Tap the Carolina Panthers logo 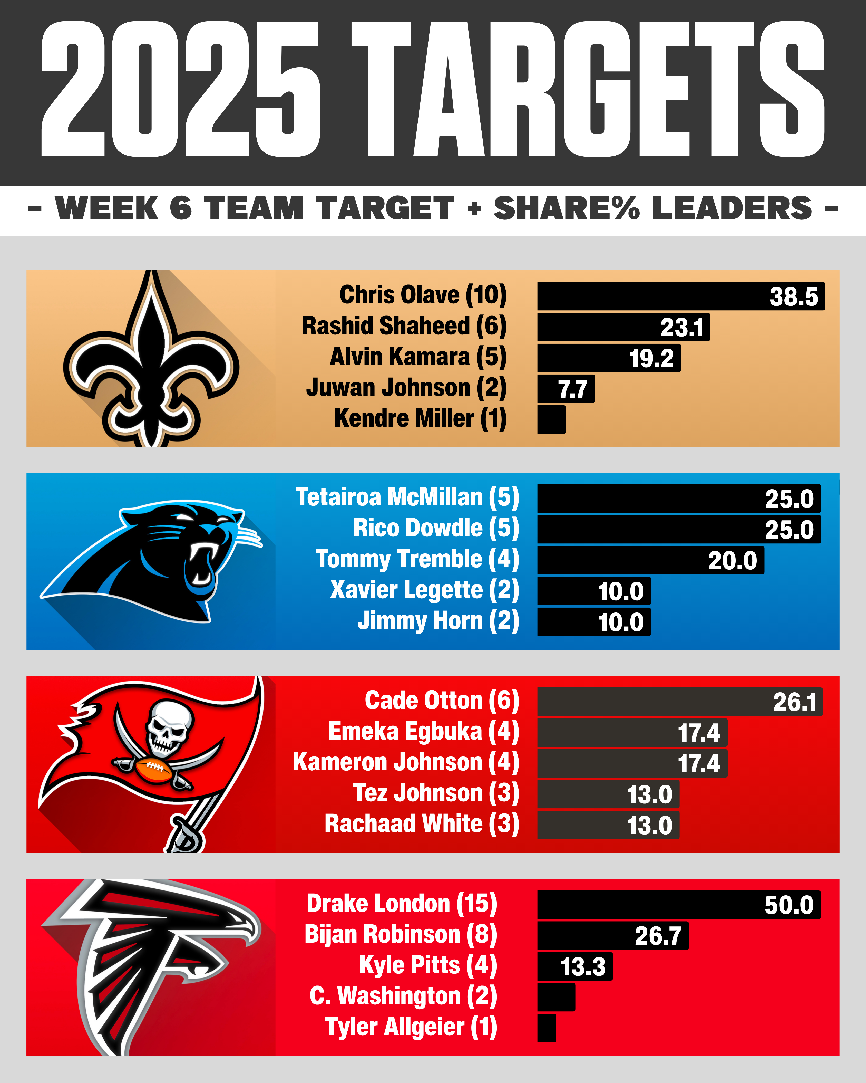coord(151,560)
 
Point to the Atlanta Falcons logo coord(151,964)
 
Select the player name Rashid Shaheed coord(386,326)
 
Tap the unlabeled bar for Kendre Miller coord(551,419)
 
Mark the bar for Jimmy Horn coord(594,622)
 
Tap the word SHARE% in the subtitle coord(566,208)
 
